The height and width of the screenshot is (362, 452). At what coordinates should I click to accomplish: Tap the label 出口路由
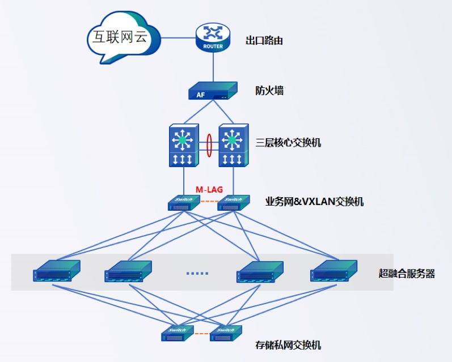pos(264,41)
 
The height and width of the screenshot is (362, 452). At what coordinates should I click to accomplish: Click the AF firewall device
pos(213,91)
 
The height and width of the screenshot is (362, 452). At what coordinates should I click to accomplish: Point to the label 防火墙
pos(269,91)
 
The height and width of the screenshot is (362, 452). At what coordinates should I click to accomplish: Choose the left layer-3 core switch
pos(184,145)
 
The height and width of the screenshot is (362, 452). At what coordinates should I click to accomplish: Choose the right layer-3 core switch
pos(234,145)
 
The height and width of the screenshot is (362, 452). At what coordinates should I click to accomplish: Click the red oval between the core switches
pos(209,144)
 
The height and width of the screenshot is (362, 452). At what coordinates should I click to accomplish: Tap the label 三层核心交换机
pos(288,142)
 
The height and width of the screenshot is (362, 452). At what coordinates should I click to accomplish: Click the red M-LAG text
pos(209,189)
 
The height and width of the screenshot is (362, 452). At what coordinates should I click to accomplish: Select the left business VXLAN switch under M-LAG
pos(184,203)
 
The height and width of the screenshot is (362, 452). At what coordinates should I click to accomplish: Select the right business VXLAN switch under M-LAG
pos(234,203)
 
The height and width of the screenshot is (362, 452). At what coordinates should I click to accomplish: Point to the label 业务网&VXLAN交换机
pos(314,202)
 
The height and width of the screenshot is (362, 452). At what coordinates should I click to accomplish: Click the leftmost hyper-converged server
pos(56,271)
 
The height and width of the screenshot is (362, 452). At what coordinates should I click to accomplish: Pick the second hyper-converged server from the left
pos(128,271)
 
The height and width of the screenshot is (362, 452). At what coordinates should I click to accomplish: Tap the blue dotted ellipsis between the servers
pos(197,273)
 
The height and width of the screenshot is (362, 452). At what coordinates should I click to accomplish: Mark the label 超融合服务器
pos(407,274)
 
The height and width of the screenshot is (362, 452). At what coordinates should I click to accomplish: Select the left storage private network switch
pos(178,334)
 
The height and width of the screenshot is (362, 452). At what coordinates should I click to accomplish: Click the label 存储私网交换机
pos(289,345)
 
